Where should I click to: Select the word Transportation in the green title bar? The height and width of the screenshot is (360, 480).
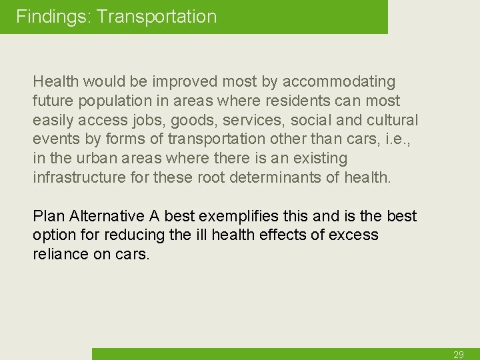click(157, 17)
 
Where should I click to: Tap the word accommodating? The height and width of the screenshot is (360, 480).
click(339, 81)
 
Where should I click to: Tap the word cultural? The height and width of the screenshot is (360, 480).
click(392, 121)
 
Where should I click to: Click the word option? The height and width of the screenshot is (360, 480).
click(54, 235)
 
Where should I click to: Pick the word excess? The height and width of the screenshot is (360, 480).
click(353, 235)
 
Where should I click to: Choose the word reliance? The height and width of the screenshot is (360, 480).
click(59, 254)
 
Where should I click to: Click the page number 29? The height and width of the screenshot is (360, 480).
click(459, 355)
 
